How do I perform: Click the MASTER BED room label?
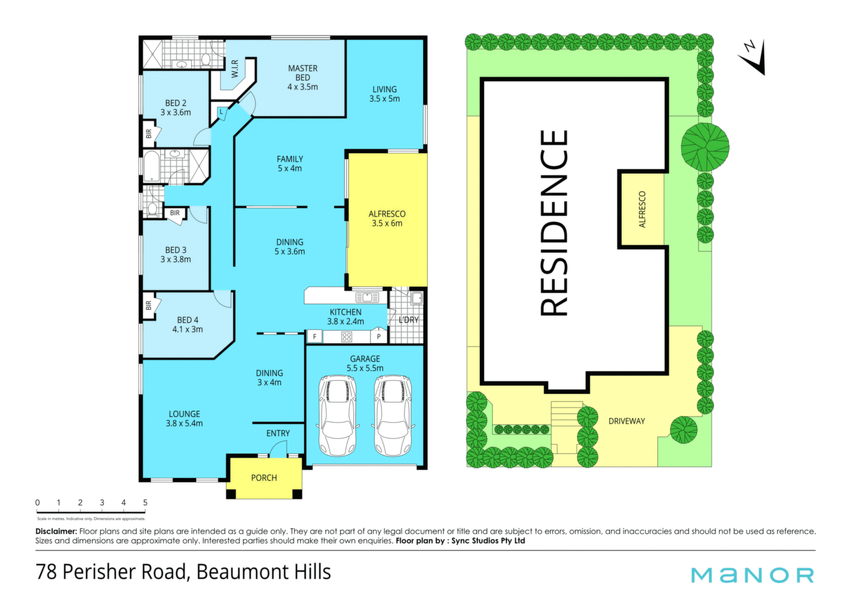[x=303, y=78]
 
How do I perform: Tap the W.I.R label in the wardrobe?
[x=235, y=69]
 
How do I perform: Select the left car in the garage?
[x=337, y=415]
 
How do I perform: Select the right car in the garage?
[x=393, y=415]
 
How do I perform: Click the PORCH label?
[x=264, y=478]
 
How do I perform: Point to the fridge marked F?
[x=315, y=337]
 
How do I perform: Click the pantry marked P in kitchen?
[x=379, y=336]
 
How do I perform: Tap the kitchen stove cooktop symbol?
[x=347, y=337]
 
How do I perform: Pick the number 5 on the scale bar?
[x=145, y=502]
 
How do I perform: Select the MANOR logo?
[x=753, y=575]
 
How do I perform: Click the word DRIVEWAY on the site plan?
[x=626, y=421]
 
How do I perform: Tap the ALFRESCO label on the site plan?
[x=642, y=209]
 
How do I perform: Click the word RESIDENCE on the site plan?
[x=554, y=223]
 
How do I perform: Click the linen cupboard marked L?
[x=222, y=112]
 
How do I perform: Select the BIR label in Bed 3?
[x=175, y=213]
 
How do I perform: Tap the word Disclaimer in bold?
[x=56, y=531]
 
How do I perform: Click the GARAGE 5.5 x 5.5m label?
[x=365, y=363]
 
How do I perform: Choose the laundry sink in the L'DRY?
[x=417, y=298]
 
